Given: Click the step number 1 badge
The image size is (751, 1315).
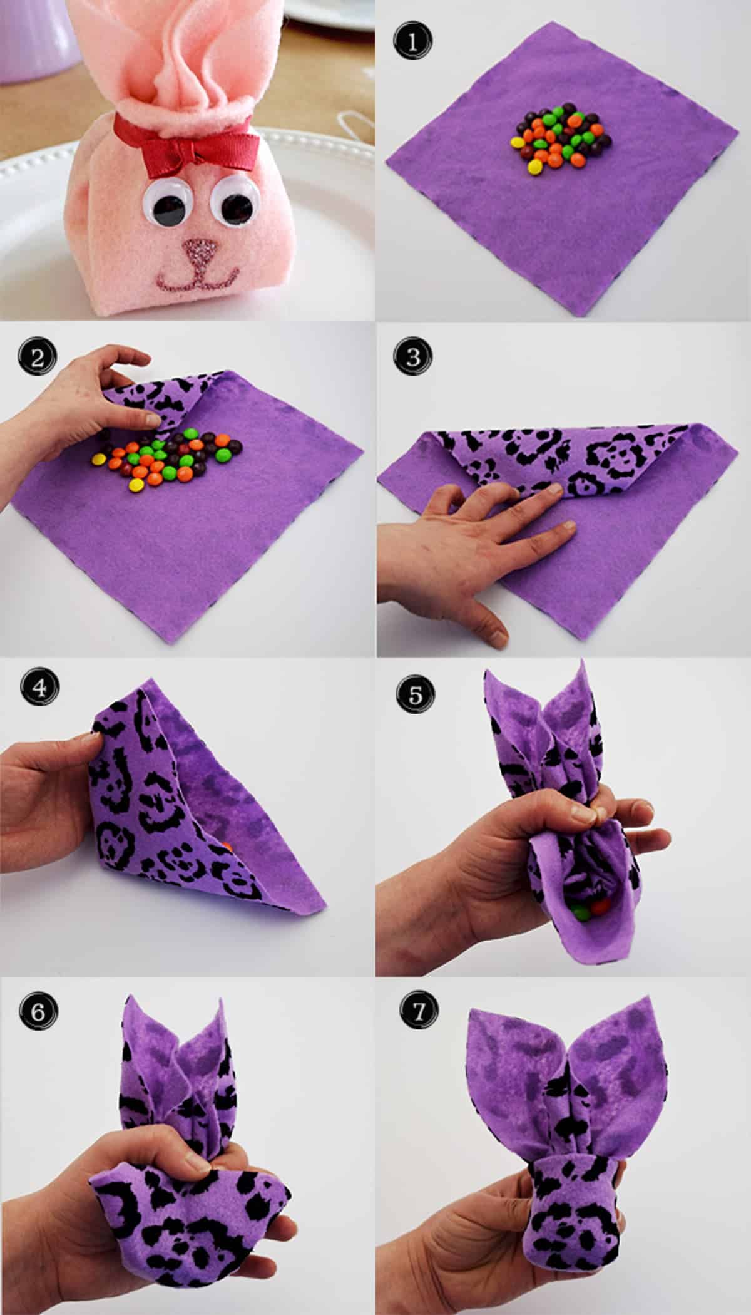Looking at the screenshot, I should [x=411, y=43].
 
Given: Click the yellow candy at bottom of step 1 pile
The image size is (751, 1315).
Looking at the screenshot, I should [x=535, y=167].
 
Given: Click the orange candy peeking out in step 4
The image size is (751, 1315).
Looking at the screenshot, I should [x=229, y=845].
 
